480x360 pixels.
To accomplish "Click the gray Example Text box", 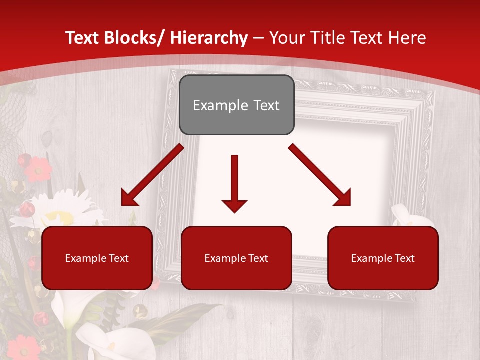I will (236, 105).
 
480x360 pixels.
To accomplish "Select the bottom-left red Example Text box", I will (97, 258).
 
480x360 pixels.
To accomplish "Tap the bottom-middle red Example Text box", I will (236, 258).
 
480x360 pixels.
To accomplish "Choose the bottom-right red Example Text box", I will (383, 258).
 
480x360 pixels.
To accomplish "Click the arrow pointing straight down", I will (234, 183).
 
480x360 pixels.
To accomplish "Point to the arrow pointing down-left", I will (152, 175).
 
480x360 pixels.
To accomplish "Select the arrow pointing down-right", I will (319, 174).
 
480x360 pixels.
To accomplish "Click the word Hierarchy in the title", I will (209, 38).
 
